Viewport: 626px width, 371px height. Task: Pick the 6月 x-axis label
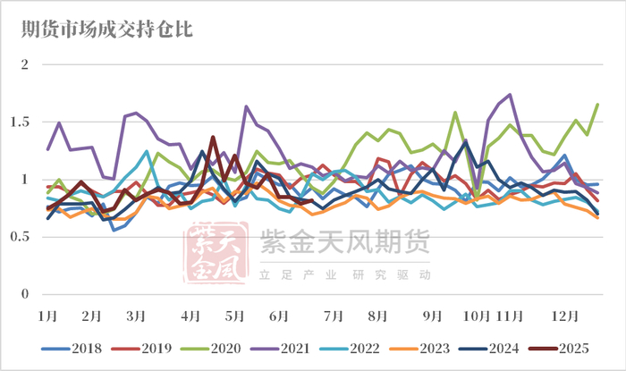tap(278, 316)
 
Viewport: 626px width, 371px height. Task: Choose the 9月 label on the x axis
tap(432, 316)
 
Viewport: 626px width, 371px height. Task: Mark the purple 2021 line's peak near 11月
tap(510, 94)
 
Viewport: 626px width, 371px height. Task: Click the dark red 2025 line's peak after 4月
tap(213, 137)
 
